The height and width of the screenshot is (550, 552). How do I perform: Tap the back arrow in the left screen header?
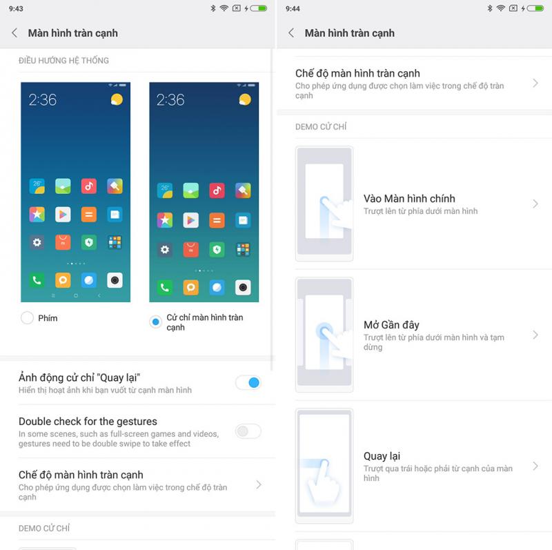(x=14, y=33)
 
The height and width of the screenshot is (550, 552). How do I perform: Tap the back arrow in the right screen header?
(x=291, y=33)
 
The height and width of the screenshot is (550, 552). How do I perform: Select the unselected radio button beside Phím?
(x=27, y=318)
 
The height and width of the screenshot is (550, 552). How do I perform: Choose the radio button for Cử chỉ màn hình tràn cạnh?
(x=155, y=322)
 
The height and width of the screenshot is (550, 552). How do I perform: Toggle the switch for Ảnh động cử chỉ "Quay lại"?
(x=248, y=383)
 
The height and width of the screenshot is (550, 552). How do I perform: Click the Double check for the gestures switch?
(x=248, y=431)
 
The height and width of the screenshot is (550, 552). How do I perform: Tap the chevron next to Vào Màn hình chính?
(x=535, y=204)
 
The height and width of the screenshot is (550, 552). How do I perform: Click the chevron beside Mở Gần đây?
(x=535, y=335)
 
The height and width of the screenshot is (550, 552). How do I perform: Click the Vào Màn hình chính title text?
(x=409, y=199)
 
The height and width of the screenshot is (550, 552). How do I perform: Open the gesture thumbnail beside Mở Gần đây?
(x=324, y=335)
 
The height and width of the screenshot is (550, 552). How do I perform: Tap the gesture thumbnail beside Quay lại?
(x=324, y=466)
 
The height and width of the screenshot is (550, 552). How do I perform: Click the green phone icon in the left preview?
(x=37, y=280)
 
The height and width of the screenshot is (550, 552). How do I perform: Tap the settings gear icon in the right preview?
(x=165, y=250)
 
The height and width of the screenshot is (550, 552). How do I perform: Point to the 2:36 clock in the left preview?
(x=43, y=100)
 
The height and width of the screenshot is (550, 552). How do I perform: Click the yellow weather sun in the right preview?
(x=245, y=99)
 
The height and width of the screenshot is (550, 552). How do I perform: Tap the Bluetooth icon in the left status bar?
(x=213, y=8)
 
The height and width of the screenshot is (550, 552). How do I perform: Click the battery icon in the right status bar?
(x=535, y=8)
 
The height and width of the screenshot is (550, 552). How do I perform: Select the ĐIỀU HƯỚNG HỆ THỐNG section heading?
(x=63, y=61)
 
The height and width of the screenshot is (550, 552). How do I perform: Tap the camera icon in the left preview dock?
(x=115, y=280)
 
